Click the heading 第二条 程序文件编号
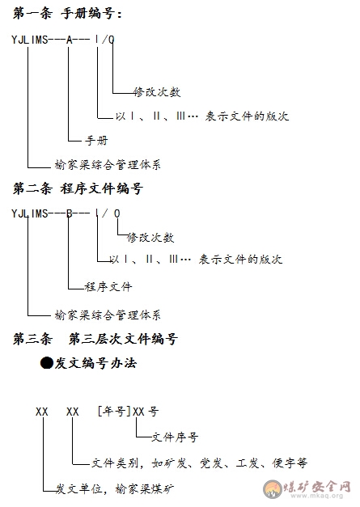pos(78,188)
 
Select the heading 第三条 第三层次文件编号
pos(95,339)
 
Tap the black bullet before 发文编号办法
pos(47,363)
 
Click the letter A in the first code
pos(70,40)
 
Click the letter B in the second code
pos(70,213)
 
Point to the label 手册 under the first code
pos(96,141)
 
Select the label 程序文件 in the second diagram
pos(108,286)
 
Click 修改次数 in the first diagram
pos(157,92)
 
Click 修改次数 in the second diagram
pos(150,238)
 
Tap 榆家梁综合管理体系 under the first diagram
pos(108,165)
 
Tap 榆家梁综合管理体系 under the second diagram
pos(108,315)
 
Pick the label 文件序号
pos(175,437)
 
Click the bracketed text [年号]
pos(114,412)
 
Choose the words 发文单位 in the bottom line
pos(79,488)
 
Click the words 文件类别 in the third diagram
pos(115,463)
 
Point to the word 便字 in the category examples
pos(283,463)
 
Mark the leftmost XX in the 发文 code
pos(42,412)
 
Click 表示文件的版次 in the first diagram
pos(247,116)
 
